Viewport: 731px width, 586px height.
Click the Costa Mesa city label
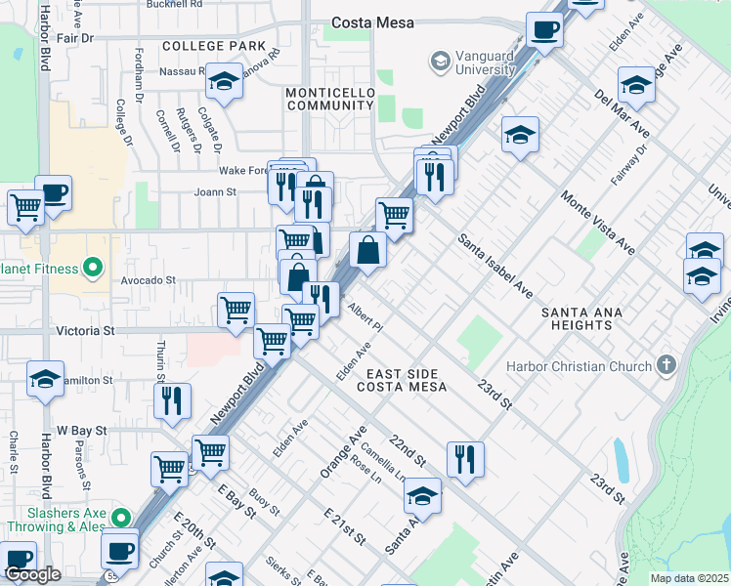coord(372,22)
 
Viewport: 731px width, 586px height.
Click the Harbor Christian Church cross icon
coord(666,366)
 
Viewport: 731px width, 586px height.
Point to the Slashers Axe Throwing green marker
coord(120,517)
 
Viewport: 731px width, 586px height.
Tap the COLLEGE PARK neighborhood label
coord(214,46)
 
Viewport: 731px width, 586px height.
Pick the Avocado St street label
coord(148,279)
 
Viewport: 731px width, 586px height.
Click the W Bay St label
coord(78,430)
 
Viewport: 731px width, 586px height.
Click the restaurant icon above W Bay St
coord(172,399)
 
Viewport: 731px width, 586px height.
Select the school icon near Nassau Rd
coord(225,82)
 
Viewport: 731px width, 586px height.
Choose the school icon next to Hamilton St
coord(45,378)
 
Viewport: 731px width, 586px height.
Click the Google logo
coord(32,575)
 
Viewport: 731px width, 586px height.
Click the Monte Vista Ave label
coord(597,223)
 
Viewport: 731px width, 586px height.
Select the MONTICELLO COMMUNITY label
coord(329,99)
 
